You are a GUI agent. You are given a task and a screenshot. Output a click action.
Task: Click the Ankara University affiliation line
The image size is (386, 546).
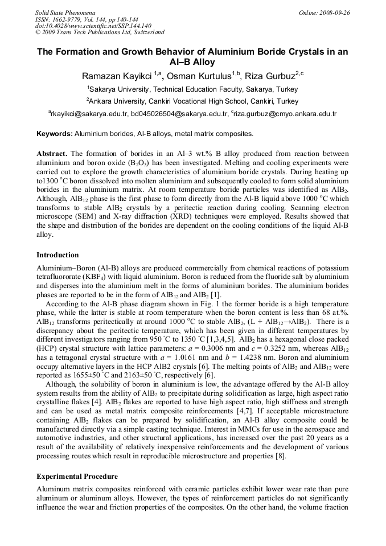(x=192, y=101)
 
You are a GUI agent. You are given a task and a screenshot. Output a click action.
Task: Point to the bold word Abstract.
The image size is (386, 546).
(x=52, y=154)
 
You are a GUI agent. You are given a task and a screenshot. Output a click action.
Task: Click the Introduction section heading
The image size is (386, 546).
(x=58, y=254)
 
